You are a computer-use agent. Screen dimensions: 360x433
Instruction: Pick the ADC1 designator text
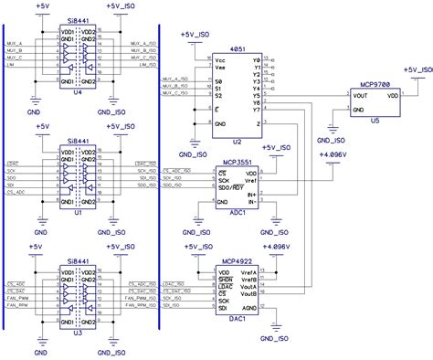(x=239, y=209)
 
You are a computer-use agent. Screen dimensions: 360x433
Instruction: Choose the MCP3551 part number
(x=238, y=161)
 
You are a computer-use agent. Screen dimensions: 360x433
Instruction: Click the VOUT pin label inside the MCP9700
(x=361, y=93)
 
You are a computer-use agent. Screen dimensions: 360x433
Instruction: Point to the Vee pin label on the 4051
(x=220, y=69)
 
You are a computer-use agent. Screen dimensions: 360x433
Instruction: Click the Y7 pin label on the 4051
(x=257, y=122)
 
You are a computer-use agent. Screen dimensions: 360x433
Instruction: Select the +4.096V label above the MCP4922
(x=275, y=247)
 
